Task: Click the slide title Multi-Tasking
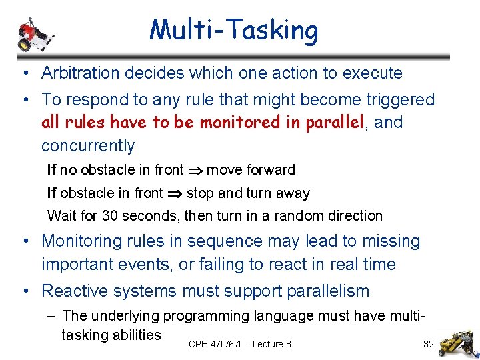click(x=234, y=30)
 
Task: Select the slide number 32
click(x=429, y=344)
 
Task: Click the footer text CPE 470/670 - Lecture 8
click(x=239, y=344)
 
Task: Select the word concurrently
click(x=88, y=146)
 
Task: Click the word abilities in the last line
click(x=135, y=335)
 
